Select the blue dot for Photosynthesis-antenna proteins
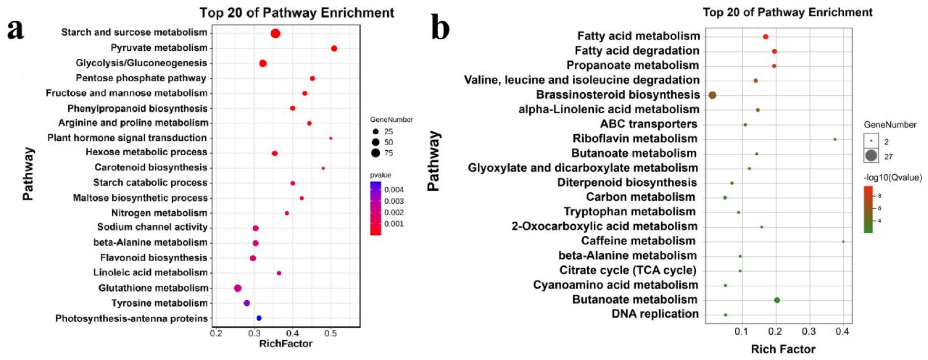tap(259, 318)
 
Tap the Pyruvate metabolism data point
tap(334, 48)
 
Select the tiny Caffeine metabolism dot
tap(843, 241)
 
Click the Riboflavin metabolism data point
tap(835, 139)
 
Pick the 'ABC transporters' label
tap(648, 124)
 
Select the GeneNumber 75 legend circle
tap(376, 153)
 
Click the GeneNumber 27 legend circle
tap(871, 156)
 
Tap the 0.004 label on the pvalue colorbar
tap(394, 190)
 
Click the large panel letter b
tap(440, 28)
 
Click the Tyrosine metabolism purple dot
tap(246, 303)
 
